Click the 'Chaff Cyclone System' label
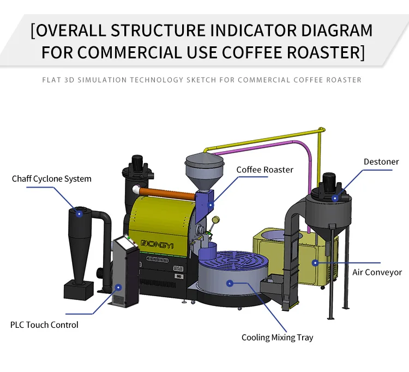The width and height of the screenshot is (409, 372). [x=51, y=178]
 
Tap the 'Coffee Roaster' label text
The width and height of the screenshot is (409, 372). [x=264, y=170]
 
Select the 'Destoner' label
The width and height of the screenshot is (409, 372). [x=381, y=161]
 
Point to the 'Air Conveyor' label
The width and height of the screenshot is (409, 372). [x=377, y=272]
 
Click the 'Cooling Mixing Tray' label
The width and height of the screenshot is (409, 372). [x=277, y=337]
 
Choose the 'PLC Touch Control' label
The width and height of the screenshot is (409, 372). [x=44, y=325]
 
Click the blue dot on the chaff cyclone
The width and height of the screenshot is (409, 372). [x=79, y=214]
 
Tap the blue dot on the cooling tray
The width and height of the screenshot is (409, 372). [x=230, y=283]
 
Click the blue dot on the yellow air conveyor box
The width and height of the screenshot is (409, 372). [x=315, y=262]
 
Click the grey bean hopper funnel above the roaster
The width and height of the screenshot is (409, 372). [x=204, y=169]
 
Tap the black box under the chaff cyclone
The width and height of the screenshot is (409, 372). [x=80, y=290]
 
